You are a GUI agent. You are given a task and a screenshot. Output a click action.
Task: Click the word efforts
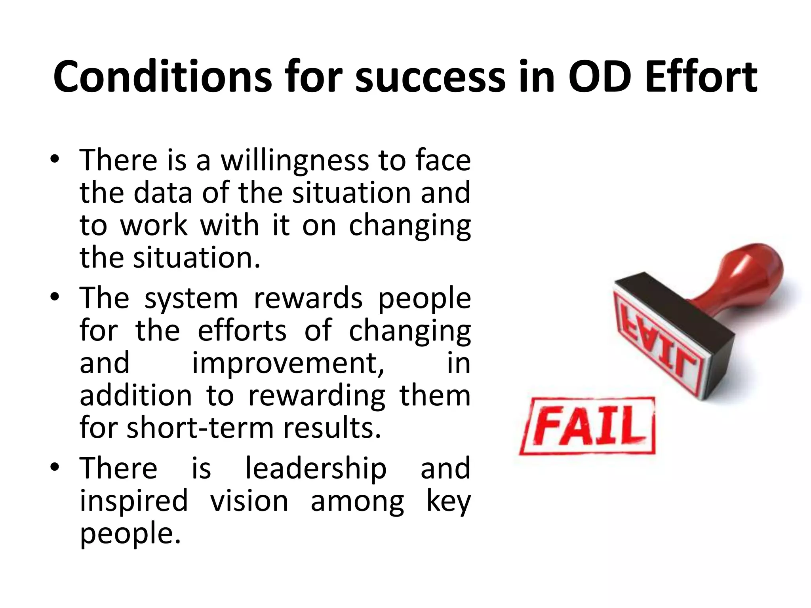[x=242, y=331]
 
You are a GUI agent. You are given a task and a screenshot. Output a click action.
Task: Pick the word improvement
[x=288, y=363]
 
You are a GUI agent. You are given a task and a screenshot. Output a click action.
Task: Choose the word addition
[x=136, y=396]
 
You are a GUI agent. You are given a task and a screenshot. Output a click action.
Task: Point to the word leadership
[x=316, y=469]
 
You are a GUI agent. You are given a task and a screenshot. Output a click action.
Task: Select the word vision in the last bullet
[x=249, y=501]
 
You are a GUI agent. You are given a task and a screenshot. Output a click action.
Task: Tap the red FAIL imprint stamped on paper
[x=588, y=427]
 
